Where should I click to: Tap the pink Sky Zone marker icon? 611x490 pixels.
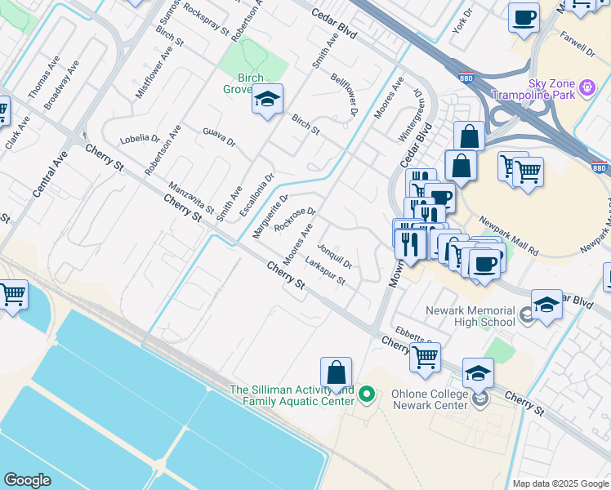coord(586,87)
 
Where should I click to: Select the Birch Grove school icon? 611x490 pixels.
coord(267,100)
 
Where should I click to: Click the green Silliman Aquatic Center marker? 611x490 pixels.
coord(367,395)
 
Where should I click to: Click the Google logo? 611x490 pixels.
coord(27,480)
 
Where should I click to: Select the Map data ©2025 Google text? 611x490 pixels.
coord(560,483)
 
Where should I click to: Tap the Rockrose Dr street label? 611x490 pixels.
coord(295,218)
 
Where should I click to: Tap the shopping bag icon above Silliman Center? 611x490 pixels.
coord(336,373)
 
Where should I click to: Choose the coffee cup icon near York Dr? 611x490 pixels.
coord(524,17)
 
